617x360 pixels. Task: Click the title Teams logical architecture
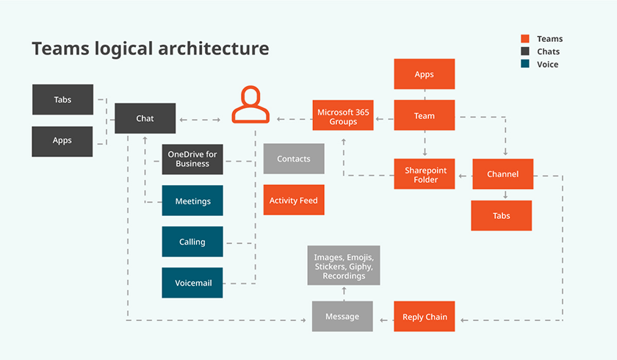pos(150,49)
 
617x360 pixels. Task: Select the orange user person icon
pos(251,104)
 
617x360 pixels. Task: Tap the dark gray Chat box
pos(145,118)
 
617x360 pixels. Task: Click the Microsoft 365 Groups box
pos(342,116)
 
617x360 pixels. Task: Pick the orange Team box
pos(424,116)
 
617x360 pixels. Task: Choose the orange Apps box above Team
pos(424,74)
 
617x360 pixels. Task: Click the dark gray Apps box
pos(62,141)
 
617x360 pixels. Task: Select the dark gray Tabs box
pos(62,99)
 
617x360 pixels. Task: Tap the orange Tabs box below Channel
pos(501,216)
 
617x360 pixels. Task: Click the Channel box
pos(502,174)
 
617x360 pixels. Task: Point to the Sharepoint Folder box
pos(425,174)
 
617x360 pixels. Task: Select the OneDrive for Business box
pos(192,159)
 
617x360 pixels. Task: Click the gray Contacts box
pos(293,159)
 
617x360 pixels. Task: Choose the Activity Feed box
pos(293,201)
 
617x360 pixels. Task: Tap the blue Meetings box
pos(192,201)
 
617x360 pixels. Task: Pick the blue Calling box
pos(192,242)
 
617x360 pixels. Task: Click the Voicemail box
pos(192,283)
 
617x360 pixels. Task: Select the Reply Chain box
pos(425,317)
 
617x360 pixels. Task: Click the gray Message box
pos(342,317)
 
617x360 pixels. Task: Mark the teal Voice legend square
pos(525,65)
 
